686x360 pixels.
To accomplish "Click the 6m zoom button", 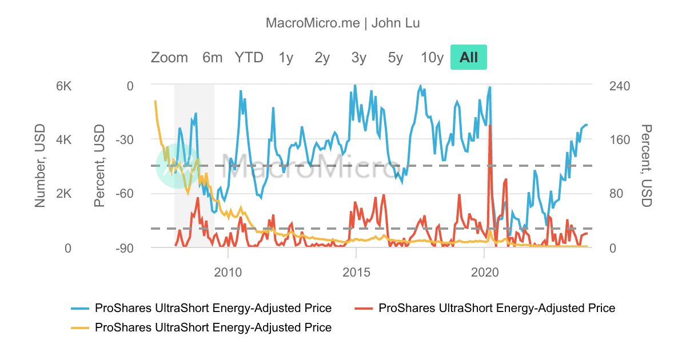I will coord(212,57).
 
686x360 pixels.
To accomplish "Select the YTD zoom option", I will coord(249,57).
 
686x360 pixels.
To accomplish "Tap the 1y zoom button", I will coord(286,57).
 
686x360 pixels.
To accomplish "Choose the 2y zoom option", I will coord(322,57).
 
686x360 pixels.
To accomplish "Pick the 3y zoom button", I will coord(359,57).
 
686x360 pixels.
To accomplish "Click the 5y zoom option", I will coord(396,57).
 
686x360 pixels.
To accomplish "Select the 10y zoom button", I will coord(432,57).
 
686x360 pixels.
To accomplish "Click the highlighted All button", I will coord(469,57).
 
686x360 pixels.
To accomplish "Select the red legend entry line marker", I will coord(365,308).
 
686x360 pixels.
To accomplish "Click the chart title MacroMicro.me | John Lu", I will coord(343,23).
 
